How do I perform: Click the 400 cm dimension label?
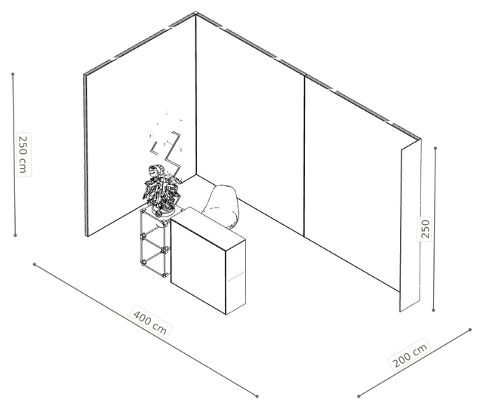(150, 321)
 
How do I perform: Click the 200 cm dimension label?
(411, 354)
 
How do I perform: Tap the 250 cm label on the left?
(23, 154)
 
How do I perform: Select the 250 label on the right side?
(424, 229)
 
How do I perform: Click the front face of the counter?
(198, 266)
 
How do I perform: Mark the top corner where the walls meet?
(195, 14)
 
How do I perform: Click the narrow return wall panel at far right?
(411, 226)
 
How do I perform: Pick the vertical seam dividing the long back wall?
(305, 156)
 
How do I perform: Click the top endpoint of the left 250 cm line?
(13, 74)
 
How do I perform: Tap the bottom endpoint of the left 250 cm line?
(15, 235)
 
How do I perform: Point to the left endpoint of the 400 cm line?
(35, 264)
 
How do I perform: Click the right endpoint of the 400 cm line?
(257, 396)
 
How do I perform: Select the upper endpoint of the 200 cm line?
(470, 330)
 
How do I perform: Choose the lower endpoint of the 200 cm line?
(359, 396)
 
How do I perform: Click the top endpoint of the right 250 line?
(435, 149)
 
